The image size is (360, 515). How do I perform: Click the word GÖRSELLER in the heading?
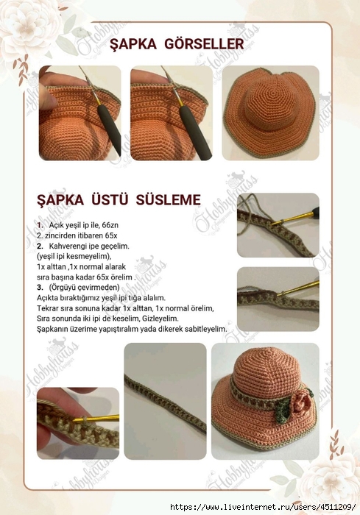(x=208, y=45)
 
